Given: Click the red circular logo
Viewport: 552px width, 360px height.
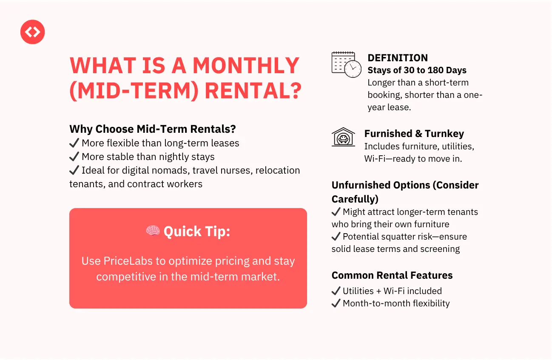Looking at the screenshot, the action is (32, 32).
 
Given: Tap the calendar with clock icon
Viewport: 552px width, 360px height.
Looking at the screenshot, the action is (347, 65).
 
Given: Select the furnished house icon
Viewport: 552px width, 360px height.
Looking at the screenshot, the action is (343, 137).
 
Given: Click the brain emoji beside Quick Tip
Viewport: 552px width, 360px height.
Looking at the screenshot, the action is (153, 231).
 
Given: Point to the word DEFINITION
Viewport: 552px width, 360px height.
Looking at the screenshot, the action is (398, 58).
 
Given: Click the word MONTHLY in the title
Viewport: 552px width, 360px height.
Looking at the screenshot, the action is (246, 66).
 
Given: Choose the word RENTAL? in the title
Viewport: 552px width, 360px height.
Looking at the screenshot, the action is (253, 91).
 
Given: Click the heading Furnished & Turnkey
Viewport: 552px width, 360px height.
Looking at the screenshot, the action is (414, 134).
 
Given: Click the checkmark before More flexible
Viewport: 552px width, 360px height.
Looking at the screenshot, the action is (74, 143).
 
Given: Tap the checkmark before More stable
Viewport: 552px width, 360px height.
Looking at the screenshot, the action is (74, 156).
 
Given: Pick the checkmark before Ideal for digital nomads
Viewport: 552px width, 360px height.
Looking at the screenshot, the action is (74, 170).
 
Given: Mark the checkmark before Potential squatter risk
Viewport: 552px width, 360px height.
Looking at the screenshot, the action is (336, 236).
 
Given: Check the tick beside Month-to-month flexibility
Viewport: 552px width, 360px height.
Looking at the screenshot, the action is (336, 303).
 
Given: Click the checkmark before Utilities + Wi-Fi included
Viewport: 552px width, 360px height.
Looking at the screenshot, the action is (336, 291).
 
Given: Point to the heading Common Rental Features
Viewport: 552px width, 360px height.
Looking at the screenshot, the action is (392, 275).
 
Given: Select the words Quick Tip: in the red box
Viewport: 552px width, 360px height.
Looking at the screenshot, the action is (196, 232).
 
